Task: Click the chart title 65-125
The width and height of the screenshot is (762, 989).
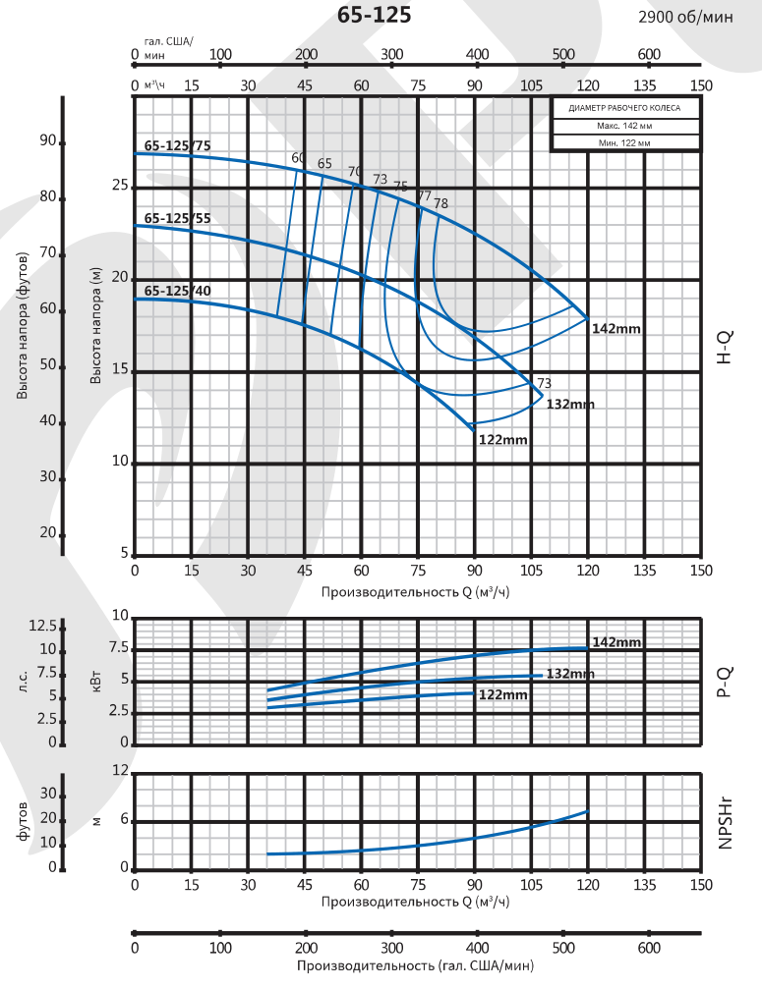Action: [375, 16]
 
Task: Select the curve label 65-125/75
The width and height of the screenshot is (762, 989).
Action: [177, 146]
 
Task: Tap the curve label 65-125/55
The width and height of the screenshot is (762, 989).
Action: [177, 218]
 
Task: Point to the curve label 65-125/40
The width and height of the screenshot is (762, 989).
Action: [177, 291]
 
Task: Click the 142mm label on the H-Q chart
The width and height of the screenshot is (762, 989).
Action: [616, 329]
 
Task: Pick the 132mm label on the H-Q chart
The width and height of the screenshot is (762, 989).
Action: [570, 404]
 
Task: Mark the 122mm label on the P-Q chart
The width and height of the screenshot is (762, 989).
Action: [502, 695]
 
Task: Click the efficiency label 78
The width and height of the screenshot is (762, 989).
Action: [440, 203]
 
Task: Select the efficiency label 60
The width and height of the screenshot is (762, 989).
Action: [298, 158]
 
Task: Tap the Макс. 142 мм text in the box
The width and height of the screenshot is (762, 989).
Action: [624, 126]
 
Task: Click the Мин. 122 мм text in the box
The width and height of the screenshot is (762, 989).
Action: [624, 142]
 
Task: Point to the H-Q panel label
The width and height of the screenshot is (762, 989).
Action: [725, 348]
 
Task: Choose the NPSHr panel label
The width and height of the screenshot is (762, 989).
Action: [725, 822]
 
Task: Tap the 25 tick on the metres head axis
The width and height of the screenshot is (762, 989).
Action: [121, 185]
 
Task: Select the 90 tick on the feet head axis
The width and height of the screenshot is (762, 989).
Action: [47, 140]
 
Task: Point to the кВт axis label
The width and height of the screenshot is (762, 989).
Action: [95, 681]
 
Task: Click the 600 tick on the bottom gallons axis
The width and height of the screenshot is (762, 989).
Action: [649, 949]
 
